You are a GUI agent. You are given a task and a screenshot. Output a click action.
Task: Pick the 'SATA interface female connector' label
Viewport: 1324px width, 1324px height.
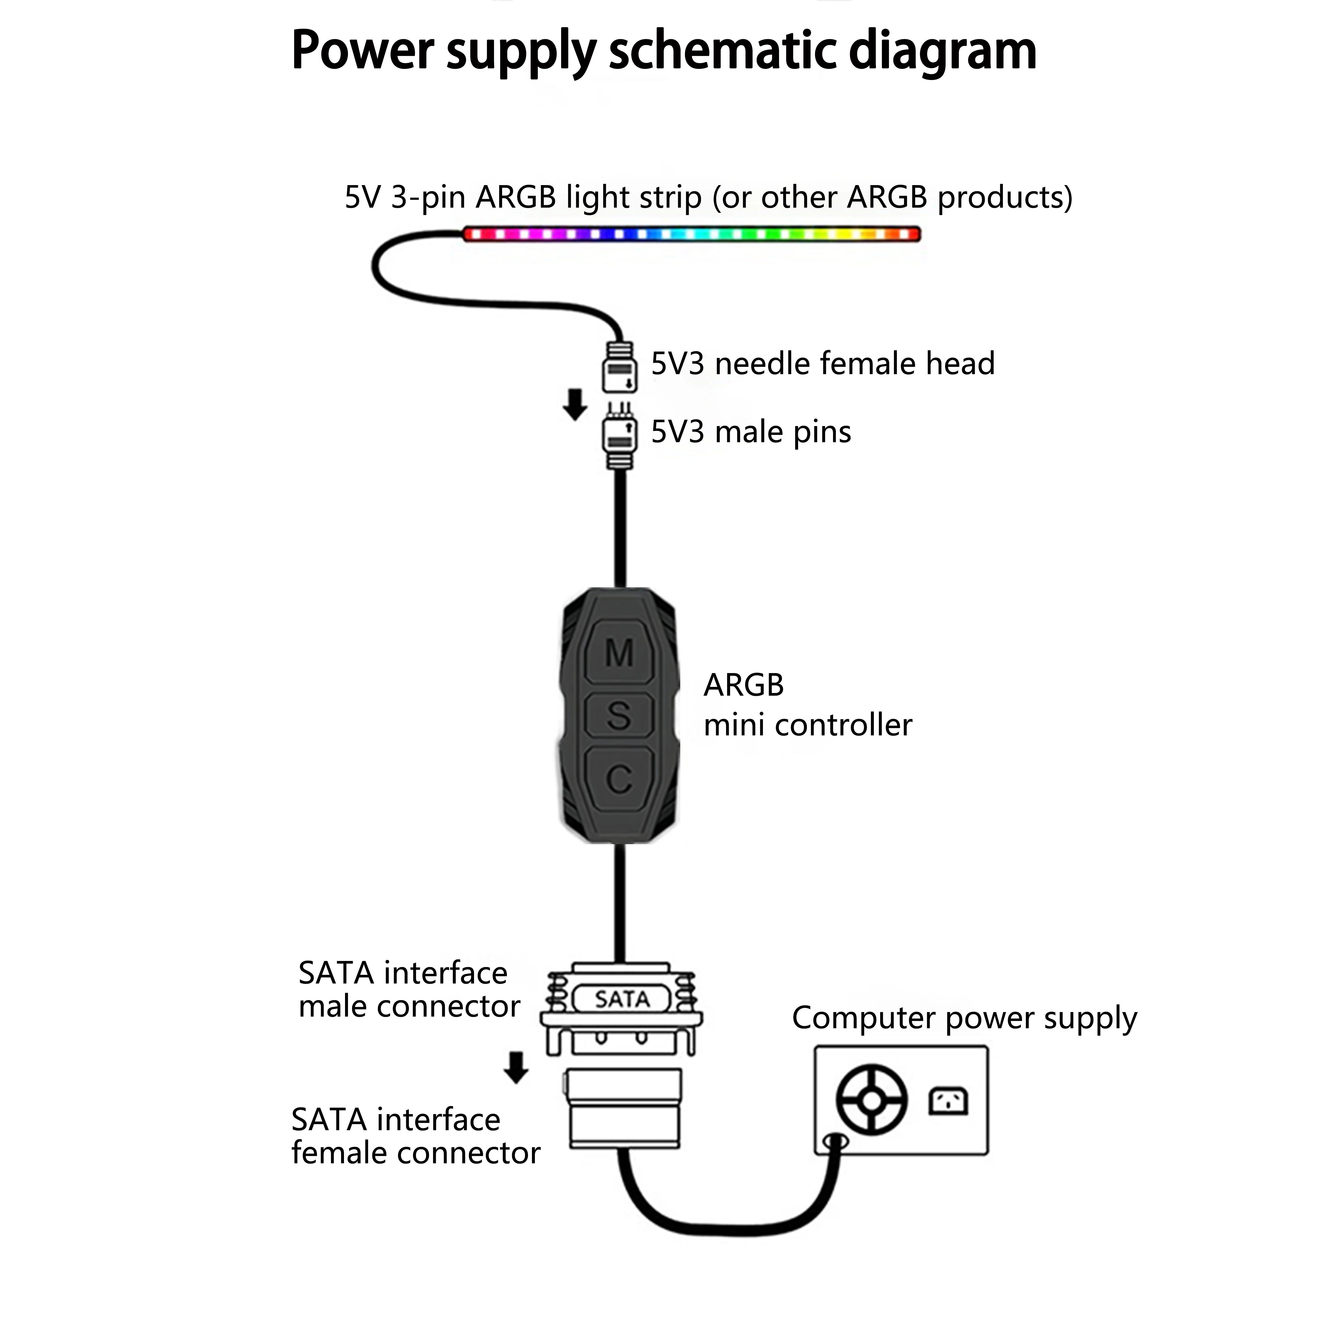click(x=415, y=1136)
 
